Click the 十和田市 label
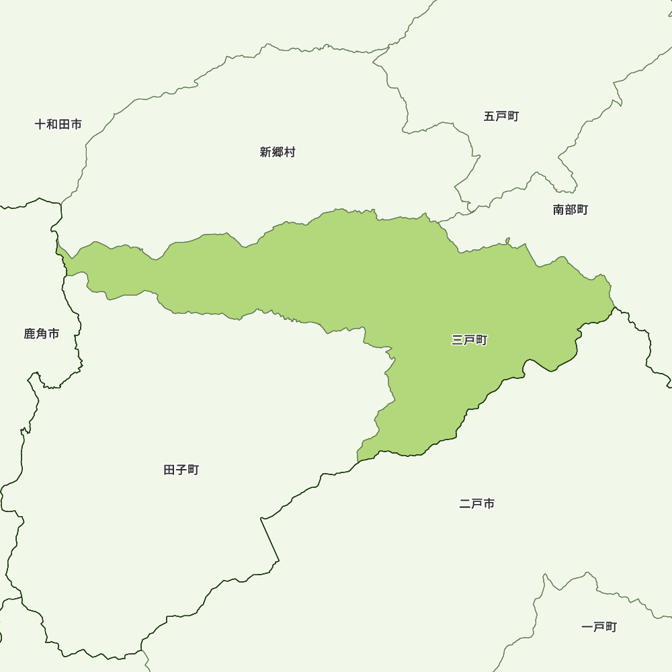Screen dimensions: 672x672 (58, 124)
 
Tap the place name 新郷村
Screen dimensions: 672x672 (278, 153)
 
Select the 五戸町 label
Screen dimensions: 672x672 (501, 116)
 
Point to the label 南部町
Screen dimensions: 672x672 (571, 210)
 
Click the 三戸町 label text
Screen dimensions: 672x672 (470, 341)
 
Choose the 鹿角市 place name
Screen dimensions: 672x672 (42, 334)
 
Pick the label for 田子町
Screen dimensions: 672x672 (181, 470)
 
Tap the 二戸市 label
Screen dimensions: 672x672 (477, 503)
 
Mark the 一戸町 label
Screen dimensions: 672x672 (599, 627)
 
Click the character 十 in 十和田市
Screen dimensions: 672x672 (41, 124)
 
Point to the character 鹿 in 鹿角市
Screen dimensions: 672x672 (30, 334)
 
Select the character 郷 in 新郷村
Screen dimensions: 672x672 (278, 153)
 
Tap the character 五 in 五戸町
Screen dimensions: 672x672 (489, 116)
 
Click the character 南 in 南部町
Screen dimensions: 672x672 (559, 210)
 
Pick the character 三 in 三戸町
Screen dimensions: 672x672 (458, 341)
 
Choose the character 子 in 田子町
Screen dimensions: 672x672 (181, 470)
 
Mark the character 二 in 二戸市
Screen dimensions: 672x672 (465, 503)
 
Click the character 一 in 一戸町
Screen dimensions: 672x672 (587, 627)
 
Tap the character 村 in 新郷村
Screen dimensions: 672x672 (290, 153)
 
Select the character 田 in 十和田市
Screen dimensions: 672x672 (65, 124)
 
